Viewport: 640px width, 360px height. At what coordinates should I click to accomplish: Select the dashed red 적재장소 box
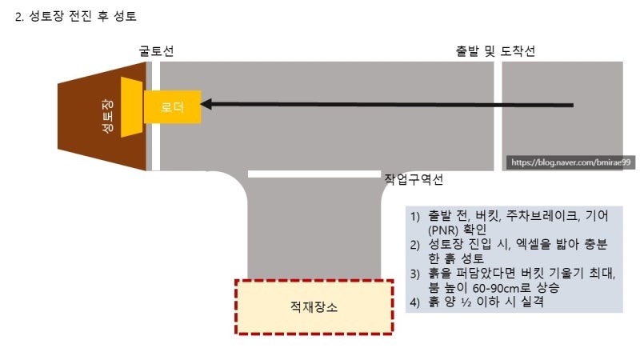(x=314, y=306)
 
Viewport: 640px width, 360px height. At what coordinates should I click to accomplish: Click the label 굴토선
(x=155, y=51)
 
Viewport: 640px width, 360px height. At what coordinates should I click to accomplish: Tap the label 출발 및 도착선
(x=495, y=51)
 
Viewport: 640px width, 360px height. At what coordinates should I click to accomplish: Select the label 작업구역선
(x=414, y=180)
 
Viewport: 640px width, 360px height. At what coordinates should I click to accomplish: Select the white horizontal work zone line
(x=313, y=174)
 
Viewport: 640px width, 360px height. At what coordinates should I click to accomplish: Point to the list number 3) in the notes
(x=416, y=274)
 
